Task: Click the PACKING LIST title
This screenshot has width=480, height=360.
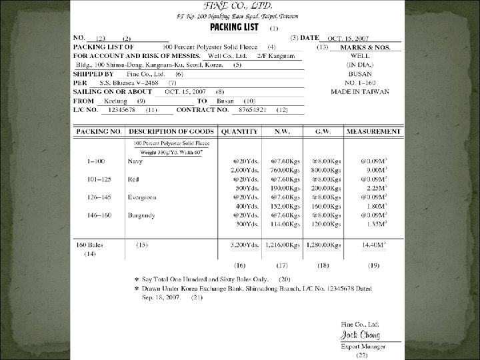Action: pyautogui.click(x=235, y=27)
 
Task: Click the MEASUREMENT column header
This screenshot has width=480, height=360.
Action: pyautogui.click(x=373, y=132)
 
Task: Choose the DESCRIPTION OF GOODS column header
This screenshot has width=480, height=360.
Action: pyautogui.click(x=169, y=132)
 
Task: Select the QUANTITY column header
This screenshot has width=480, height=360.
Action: pyautogui.click(x=241, y=132)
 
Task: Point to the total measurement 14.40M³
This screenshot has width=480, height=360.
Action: pyautogui.click(x=375, y=246)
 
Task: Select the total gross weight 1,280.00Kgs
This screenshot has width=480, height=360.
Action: pyautogui.click(x=323, y=246)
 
